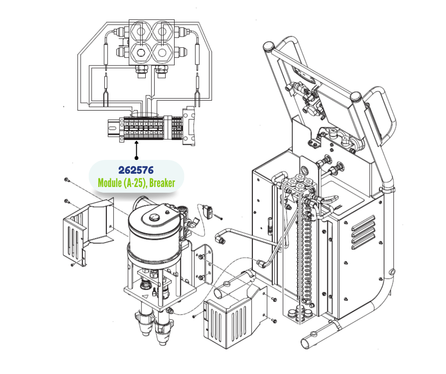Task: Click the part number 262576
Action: coord(136,170)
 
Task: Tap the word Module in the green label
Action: coord(110,183)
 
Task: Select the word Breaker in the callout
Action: coord(162,183)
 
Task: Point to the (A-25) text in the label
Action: coord(135,183)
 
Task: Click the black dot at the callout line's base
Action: coord(137,158)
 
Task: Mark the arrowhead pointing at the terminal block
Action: coord(137,143)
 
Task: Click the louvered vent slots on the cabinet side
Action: coord(364,233)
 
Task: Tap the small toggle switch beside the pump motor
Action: coord(208,212)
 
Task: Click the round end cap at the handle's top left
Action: coord(268,46)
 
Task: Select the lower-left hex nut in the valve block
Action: coord(140,52)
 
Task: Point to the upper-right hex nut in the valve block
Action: coord(162,31)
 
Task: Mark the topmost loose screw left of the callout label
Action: coord(67,180)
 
